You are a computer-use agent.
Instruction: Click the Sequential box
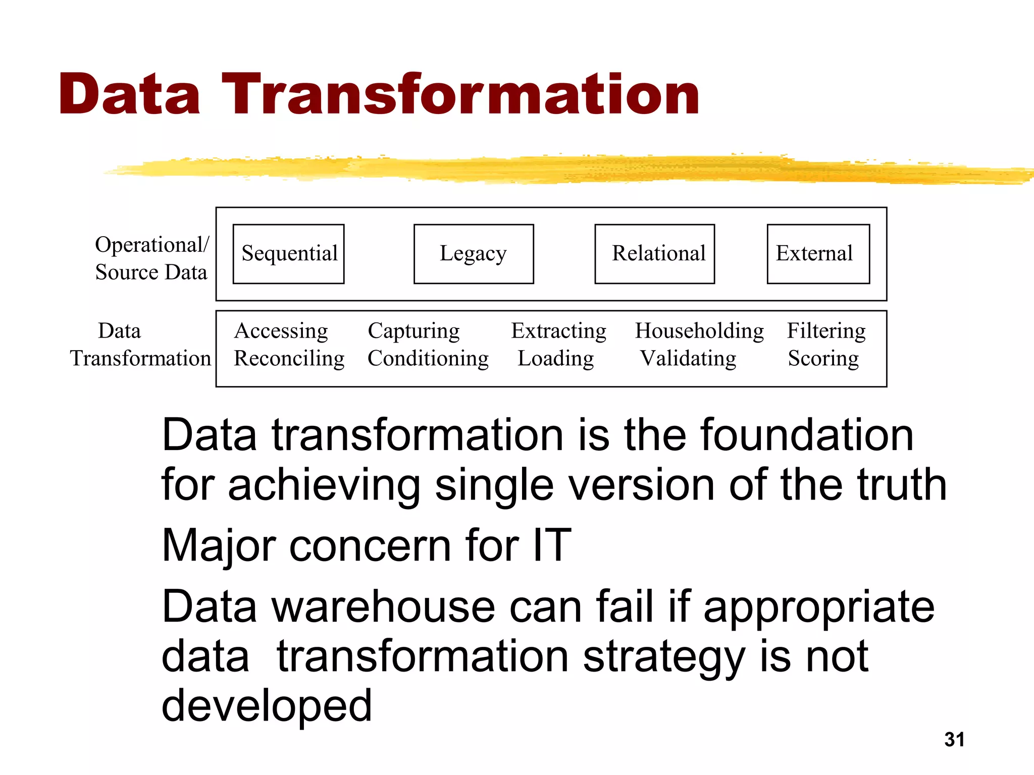[x=288, y=254]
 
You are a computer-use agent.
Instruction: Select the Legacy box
[x=473, y=254]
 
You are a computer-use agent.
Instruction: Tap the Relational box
[x=654, y=254]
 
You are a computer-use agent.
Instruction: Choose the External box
[x=818, y=254]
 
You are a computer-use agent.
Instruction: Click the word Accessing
[x=281, y=331]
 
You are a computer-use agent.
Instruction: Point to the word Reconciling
[x=289, y=359]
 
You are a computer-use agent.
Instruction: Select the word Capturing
[x=413, y=331]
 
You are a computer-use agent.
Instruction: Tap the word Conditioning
[x=428, y=359]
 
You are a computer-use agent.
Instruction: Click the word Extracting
[x=558, y=331]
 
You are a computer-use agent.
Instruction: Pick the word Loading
[x=555, y=359]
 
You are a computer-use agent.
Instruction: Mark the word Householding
[x=699, y=331]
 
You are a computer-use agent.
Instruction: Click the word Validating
[x=688, y=359]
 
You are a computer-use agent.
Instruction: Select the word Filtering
[x=826, y=331]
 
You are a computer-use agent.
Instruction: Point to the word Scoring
[x=823, y=359]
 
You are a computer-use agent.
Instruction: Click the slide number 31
[x=954, y=740]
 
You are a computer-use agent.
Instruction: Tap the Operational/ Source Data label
[x=151, y=258]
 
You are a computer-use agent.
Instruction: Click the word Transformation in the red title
[x=460, y=94]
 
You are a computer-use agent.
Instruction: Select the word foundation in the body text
[x=806, y=435]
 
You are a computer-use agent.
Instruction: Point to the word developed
[x=267, y=705]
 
